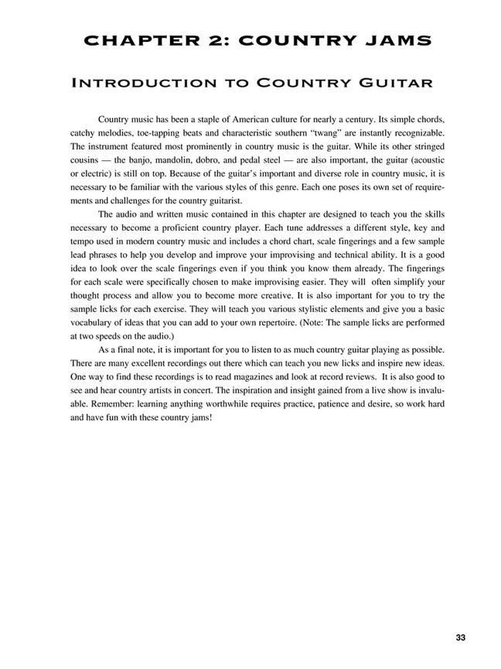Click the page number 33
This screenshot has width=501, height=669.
[461, 637]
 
